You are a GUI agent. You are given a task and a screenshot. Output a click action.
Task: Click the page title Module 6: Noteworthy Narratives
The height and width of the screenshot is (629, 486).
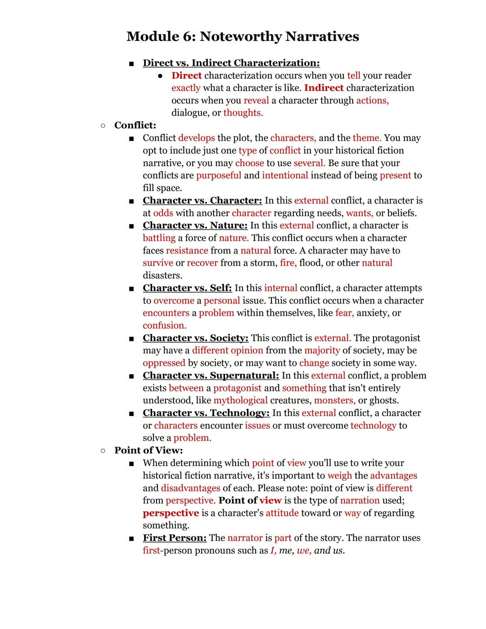(x=243, y=36)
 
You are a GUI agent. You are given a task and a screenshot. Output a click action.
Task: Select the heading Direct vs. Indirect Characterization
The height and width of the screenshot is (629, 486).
(x=231, y=63)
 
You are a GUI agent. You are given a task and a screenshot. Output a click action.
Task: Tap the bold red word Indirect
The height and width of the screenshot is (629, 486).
(x=324, y=88)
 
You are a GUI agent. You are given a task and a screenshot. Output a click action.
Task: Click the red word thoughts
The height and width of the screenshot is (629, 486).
(x=243, y=113)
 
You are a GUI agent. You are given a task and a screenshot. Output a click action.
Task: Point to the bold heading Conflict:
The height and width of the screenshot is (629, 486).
(x=135, y=125)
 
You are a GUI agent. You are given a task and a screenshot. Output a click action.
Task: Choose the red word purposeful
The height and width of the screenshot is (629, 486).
(x=219, y=176)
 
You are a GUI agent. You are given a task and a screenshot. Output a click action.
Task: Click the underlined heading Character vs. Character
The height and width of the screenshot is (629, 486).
(x=202, y=200)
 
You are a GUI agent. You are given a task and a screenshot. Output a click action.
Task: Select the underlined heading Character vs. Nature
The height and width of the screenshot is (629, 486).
(x=195, y=226)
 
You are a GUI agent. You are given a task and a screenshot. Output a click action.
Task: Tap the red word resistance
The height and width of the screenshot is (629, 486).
(x=187, y=251)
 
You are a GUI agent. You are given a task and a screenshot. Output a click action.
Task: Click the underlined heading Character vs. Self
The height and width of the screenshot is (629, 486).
(x=187, y=288)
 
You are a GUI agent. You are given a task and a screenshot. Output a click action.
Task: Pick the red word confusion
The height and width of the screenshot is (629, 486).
(x=164, y=326)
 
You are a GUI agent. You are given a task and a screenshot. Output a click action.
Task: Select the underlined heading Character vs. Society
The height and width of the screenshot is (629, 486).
(x=195, y=338)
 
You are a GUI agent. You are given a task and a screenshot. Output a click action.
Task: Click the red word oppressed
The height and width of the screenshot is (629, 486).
(x=164, y=363)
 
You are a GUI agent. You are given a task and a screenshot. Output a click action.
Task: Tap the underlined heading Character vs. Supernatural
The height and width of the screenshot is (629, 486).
(x=211, y=376)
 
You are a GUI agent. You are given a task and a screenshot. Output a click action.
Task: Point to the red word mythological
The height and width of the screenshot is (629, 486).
(x=240, y=401)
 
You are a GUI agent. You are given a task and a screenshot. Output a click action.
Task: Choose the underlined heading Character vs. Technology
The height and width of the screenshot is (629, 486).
(x=206, y=413)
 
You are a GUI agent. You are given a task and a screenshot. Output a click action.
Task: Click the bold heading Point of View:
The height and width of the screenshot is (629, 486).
(x=148, y=450)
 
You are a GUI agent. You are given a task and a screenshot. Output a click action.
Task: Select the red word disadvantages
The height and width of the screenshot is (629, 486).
(x=190, y=488)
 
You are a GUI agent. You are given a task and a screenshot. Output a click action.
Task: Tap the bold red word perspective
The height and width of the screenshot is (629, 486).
(x=171, y=513)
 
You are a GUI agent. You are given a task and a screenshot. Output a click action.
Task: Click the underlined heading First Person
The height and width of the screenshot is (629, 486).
(x=175, y=538)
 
